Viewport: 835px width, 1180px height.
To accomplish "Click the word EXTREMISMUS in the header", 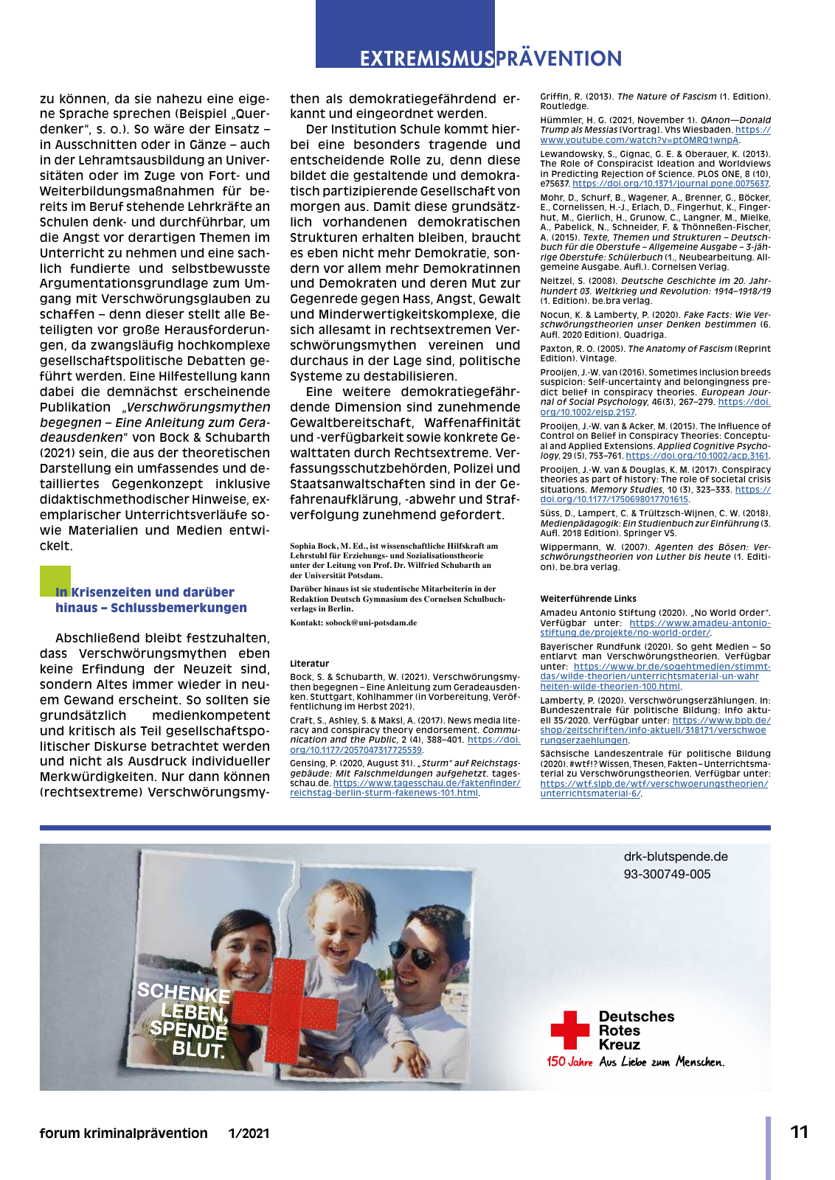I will click(426, 59).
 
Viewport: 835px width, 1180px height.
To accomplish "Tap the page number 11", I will click(800, 1132).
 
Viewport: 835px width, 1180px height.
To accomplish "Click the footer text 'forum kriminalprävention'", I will click(124, 1134).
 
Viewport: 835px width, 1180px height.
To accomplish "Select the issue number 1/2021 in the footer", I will click(249, 1134).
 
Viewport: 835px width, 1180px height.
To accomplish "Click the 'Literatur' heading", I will click(309, 664).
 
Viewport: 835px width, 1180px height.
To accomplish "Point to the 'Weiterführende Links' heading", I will click(588, 599).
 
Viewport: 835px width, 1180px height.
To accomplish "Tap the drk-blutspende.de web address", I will click(676, 856).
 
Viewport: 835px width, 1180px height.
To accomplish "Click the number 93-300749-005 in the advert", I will click(667, 874).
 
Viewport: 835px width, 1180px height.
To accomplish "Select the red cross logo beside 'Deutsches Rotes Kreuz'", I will click(570, 1030).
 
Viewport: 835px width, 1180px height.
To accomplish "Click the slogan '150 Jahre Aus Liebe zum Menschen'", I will click(635, 1062).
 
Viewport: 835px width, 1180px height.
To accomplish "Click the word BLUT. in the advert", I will click(198, 1049).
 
